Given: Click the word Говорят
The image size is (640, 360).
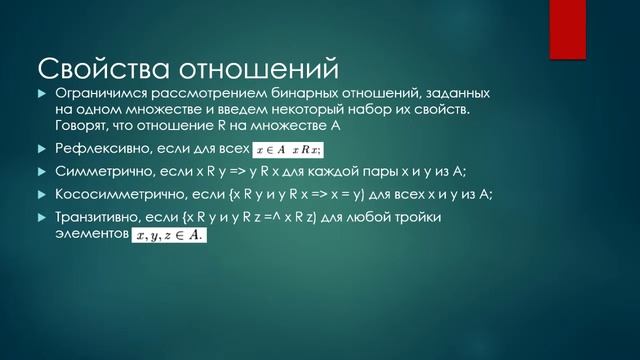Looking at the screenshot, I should [84, 125].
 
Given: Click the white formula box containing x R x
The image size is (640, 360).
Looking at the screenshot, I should [286, 150].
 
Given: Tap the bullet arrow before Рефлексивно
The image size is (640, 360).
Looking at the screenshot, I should [42, 149].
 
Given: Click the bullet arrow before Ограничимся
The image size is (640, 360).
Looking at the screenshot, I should [42, 93].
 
